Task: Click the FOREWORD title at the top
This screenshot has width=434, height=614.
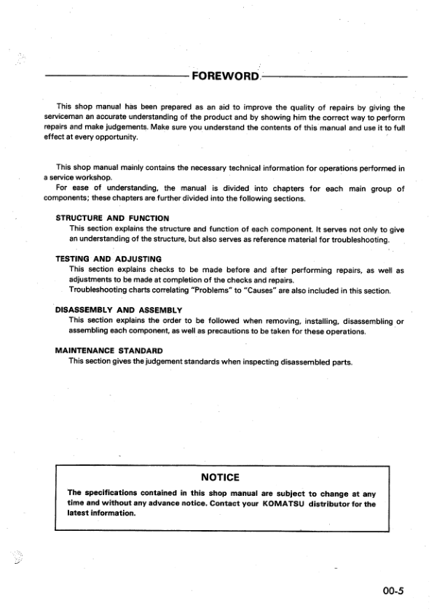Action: pyautogui.click(x=224, y=77)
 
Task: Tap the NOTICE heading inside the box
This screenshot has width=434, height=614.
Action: pyautogui.click(x=220, y=477)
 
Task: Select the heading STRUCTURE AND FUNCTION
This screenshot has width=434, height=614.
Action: pyautogui.click(x=112, y=218)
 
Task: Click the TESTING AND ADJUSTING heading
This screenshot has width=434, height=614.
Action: pyautogui.click(x=108, y=259)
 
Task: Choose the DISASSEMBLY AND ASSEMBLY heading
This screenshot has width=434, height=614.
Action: pyautogui.click(x=119, y=310)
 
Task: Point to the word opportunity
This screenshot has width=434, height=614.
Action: pyautogui.click(x=113, y=136)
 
